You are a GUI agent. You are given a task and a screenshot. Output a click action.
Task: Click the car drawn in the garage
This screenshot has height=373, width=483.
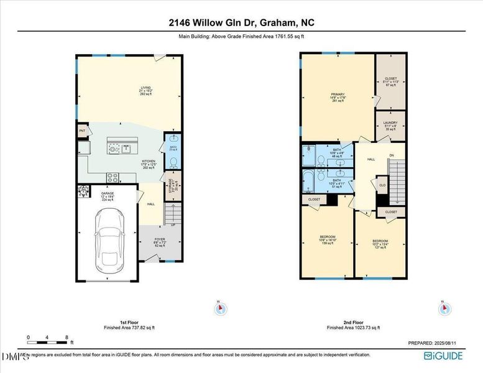[x=108, y=237]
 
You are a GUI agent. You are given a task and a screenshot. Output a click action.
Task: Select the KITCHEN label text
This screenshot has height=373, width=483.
[x=148, y=163]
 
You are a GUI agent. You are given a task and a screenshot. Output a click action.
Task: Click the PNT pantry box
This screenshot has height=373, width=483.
[x=82, y=131]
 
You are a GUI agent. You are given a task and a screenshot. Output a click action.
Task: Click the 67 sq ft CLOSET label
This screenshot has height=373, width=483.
[x=391, y=81]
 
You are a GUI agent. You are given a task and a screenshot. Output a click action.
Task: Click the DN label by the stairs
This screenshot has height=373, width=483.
[x=391, y=155]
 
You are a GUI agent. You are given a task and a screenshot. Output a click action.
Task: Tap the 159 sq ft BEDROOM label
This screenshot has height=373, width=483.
[x=328, y=239]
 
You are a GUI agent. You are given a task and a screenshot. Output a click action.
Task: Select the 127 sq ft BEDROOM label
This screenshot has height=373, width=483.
[x=380, y=243]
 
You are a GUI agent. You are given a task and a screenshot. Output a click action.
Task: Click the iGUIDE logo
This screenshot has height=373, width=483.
[x=444, y=356]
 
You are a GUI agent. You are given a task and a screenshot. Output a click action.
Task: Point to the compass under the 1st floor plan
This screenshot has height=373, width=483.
[x=218, y=308]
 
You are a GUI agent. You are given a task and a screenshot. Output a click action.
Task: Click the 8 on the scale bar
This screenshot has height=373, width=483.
[x=67, y=337]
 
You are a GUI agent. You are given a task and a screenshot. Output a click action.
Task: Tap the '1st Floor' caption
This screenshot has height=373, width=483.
[x=129, y=322]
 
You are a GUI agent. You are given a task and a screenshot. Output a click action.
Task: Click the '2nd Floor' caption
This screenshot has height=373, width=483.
[x=354, y=322]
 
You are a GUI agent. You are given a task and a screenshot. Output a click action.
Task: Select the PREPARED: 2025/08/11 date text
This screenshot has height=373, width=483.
[x=436, y=343]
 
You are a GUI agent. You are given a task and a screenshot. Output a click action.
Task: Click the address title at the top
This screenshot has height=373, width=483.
[x=241, y=22]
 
